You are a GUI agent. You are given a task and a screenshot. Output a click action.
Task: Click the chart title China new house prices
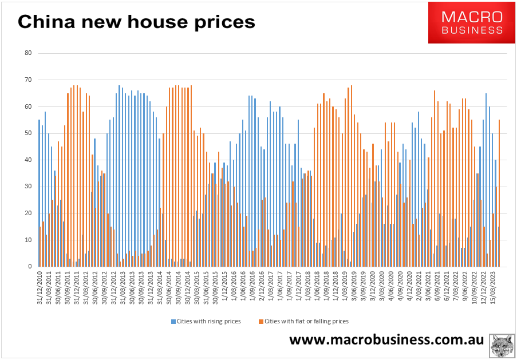[136, 22]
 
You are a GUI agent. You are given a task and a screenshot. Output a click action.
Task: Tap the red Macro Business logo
[471, 23]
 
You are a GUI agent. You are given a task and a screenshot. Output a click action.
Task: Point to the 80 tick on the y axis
[27, 53]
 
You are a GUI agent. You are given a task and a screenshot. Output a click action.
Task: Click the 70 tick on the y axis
[27, 80]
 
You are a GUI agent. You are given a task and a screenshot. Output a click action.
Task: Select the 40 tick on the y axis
[27, 160]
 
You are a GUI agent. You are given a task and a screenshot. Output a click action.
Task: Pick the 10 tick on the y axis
[27, 240]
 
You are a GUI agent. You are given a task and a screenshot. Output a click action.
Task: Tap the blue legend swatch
[173, 322]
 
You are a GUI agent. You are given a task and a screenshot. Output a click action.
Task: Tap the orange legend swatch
[259, 322]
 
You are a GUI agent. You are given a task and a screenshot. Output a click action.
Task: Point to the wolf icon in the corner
[503, 346]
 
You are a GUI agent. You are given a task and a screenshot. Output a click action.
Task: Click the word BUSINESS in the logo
[472, 30]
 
